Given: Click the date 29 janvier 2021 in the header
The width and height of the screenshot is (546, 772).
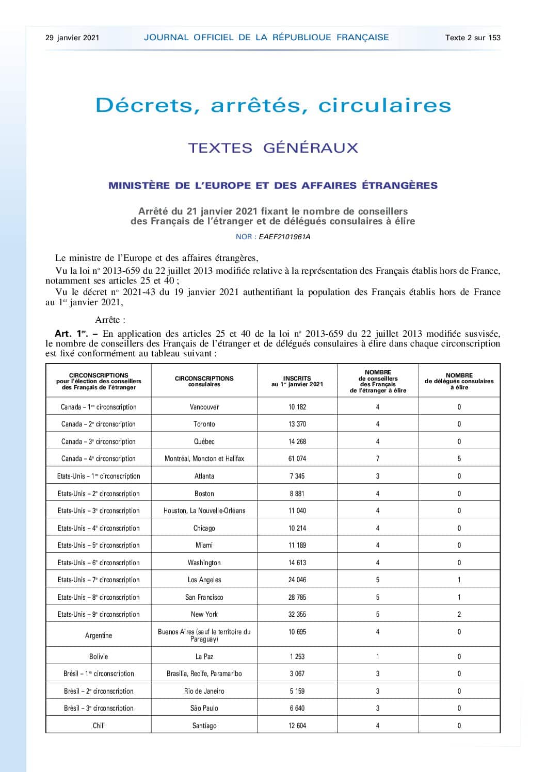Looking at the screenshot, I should point(72,38).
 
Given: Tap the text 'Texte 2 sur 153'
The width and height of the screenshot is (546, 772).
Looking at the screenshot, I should point(473,38).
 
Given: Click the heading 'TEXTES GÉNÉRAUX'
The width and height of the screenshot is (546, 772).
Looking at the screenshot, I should point(273,148).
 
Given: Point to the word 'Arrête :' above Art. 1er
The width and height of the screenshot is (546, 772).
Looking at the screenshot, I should point(110,320).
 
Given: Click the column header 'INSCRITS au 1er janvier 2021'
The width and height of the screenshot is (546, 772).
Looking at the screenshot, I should point(297,381).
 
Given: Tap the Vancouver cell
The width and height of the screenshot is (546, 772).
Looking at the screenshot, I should point(204,407).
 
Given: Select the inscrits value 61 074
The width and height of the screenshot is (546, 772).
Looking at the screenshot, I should point(297,458).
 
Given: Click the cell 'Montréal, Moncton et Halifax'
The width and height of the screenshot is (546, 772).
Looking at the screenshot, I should point(204,458).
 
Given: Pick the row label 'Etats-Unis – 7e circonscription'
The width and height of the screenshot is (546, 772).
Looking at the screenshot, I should point(99,580).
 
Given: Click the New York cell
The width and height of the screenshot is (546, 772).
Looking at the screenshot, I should point(204,614).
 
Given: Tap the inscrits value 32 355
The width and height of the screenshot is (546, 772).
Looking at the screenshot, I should point(297,614).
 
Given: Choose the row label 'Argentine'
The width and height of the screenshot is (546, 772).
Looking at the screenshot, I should point(99,635).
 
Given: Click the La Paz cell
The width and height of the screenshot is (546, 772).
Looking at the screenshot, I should point(204,656).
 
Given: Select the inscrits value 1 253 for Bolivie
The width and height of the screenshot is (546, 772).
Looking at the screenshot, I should point(297,656).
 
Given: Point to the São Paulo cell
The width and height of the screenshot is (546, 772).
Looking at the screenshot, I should point(204,708).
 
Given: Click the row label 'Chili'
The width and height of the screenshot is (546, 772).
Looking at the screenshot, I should point(99,726).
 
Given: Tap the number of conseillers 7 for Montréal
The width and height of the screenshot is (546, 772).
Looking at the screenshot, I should point(378,458).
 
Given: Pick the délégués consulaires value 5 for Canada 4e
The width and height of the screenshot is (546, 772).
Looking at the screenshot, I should point(459,458).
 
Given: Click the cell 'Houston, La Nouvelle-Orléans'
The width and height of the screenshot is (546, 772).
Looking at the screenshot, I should point(204,511).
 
